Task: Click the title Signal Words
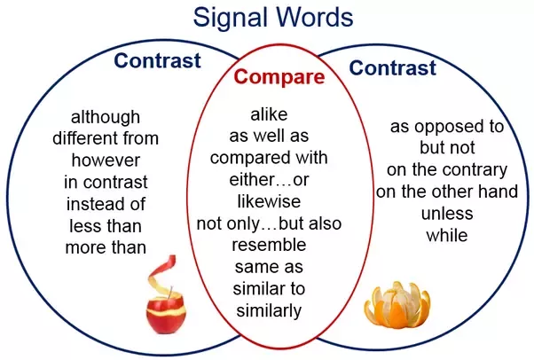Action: click(x=273, y=17)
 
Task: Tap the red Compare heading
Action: click(x=279, y=76)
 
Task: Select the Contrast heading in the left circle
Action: click(x=157, y=60)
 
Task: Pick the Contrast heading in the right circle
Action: click(x=393, y=67)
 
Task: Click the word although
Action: click(x=106, y=118)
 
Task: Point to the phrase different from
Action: click(x=106, y=138)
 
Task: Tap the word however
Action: click(x=106, y=160)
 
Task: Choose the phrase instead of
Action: click(x=106, y=204)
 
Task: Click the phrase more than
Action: click(x=106, y=247)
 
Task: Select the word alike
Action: click(x=269, y=114)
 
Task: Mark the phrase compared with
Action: click(x=269, y=158)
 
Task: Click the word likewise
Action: click(x=269, y=201)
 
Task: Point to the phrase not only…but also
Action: click(x=269, y=223)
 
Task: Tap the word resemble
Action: click(x=269, y=245)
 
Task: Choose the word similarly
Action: click(x=269, y=310)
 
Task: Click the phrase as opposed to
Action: click(x=447, y=127)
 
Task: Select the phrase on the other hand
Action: click(x=447, y=192)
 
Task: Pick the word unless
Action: click(x=447, y=214)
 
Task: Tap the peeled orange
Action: click(x=397, y=305)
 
